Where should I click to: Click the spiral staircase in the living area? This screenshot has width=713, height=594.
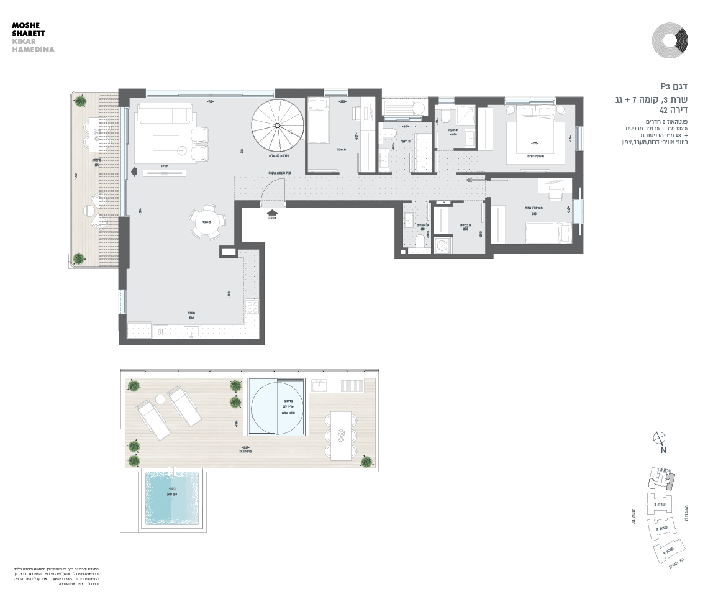278,126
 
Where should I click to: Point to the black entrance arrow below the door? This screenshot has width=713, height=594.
271,211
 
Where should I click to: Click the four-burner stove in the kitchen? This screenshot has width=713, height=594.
252,306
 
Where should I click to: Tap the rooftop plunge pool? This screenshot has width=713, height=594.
171,498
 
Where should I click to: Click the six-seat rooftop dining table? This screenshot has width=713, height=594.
340,435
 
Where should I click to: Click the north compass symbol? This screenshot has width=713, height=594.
660,439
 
